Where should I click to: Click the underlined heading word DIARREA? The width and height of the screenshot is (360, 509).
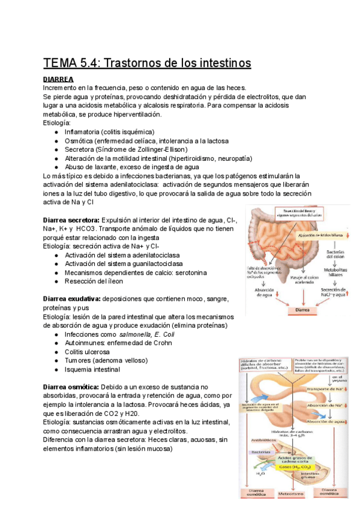pos(58,79)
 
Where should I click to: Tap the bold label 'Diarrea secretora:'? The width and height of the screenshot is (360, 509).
pos(71,220)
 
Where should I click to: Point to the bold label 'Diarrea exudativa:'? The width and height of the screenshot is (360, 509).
pos(72,298)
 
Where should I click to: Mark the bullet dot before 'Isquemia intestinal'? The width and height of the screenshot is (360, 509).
pos(56,370)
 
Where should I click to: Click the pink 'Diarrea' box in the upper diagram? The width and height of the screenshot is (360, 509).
pos(303,311)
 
